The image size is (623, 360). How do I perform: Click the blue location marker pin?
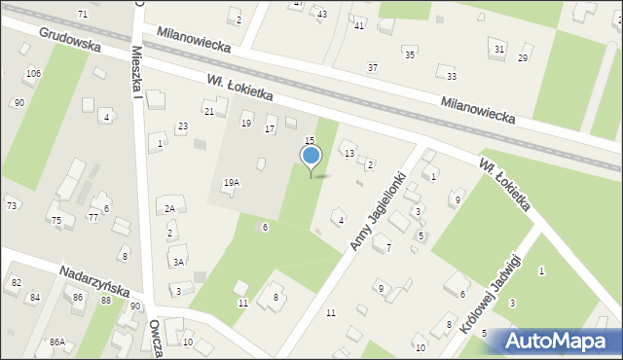click(311, 157)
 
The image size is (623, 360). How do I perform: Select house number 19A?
click(232, 182)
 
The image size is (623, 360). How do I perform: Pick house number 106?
click(33, 74)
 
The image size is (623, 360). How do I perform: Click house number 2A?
click(169, 208)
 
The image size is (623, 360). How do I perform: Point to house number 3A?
click(178, 261)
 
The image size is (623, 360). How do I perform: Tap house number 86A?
click(57, 342)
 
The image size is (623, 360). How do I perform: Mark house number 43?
click(321, 14)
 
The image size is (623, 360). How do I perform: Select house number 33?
click(451, 76)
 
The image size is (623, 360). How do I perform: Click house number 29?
click(523, 58)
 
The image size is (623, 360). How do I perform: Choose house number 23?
click(182, 126)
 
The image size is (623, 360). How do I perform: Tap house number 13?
click(348, 153)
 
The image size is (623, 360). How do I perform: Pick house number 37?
click(372, 66)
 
